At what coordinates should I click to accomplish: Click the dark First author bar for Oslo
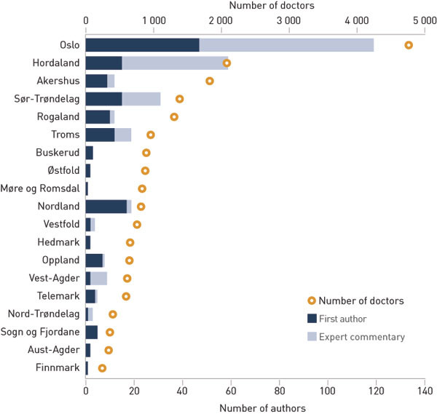pyautogui.click(x=142, y=45)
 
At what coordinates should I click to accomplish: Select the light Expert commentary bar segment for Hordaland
pyautogui.click(x=175, y=63)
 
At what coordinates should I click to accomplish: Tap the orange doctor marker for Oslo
pyautogui.click(x=409, y=45)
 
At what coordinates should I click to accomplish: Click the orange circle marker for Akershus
pyautogui.click(x=210, y=81)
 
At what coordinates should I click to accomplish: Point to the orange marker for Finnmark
pyautogui.click(x=102, y=368)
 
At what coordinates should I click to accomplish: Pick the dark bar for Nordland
pyautogui.click(x=106, y=207)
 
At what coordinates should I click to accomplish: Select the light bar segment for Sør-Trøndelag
pyautogui.click(x=141, y=99)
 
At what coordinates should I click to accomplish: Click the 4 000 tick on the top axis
pyautogui.click(x=357, y=21)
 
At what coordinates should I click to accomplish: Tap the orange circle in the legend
pyautogui.click(x=312, y=300)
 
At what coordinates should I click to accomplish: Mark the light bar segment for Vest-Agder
pyautogui.click(x=98, y=278)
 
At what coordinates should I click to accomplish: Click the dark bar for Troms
pyautogui.click(x=100, y=135)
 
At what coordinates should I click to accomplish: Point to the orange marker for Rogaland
pyautogui.click(x=174, y=116)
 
